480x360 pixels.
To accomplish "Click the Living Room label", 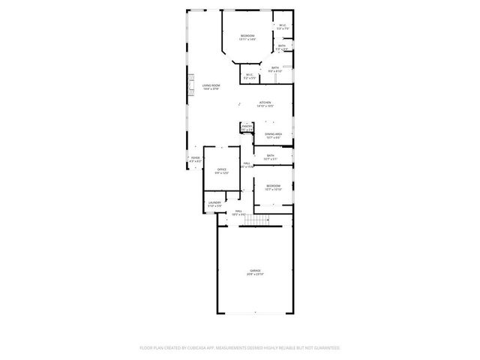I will coord(211,86).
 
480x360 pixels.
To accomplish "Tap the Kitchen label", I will coord(265,102).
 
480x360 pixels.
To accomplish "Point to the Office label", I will coord(222,169).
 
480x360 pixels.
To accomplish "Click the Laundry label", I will coord(214,202).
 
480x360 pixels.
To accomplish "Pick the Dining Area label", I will coord(273,134).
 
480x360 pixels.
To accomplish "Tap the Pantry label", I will coord(246,127).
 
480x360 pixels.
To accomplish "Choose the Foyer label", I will coord(195,157).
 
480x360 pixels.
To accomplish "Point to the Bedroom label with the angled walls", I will coord(247,36).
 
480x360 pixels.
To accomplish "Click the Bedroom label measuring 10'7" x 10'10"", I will coord(273,186).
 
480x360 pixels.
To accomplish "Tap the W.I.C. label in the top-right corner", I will coord(282,26).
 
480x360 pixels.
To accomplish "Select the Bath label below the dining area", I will coord(270,156).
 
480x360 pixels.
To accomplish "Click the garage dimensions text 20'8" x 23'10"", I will coord(255,274).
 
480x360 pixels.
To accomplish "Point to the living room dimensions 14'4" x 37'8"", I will coord(211,89).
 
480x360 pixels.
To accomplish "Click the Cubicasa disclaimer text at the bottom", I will coord(240,348).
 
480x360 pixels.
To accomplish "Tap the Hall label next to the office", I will coord(246,163).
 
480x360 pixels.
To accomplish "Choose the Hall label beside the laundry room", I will coord(238,211).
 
